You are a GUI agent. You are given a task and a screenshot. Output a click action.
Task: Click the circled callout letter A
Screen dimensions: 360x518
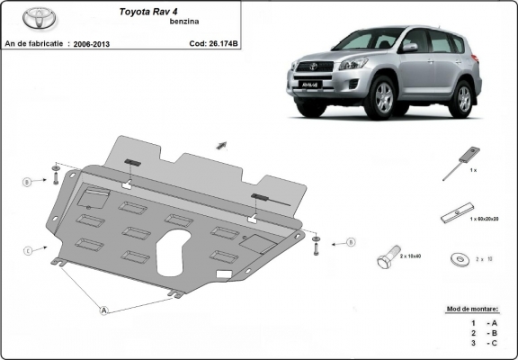pos(104,310)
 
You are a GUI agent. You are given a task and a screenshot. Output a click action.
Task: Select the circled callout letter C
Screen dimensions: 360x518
pos(28,249)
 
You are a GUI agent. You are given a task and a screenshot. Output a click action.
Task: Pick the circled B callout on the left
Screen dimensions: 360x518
pos(28,182)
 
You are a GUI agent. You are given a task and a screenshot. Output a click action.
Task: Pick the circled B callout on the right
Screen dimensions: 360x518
pos(351,241)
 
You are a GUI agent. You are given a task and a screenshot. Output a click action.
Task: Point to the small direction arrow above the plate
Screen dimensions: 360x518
pos(220,144)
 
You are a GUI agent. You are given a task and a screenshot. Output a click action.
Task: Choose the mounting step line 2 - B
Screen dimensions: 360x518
pos(482,333)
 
